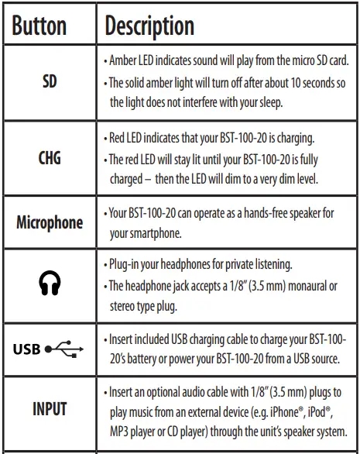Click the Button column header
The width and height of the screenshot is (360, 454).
coord(48,26)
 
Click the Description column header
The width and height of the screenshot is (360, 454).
coord(149,26)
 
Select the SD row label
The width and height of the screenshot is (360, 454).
coord(49,81)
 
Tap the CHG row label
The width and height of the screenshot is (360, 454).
coord(49,158)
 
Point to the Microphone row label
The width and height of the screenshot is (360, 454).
coord(49,223)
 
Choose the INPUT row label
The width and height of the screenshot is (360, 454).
coord(49,408)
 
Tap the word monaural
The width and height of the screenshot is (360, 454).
coord(297,285)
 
